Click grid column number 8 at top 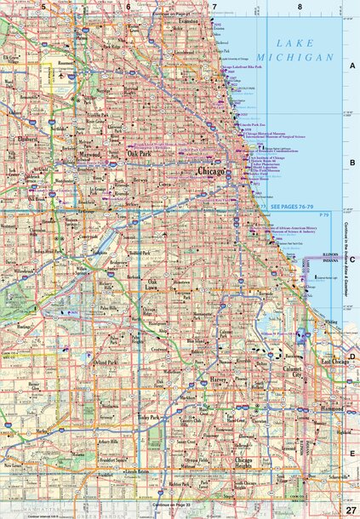click(x=300, y=7)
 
